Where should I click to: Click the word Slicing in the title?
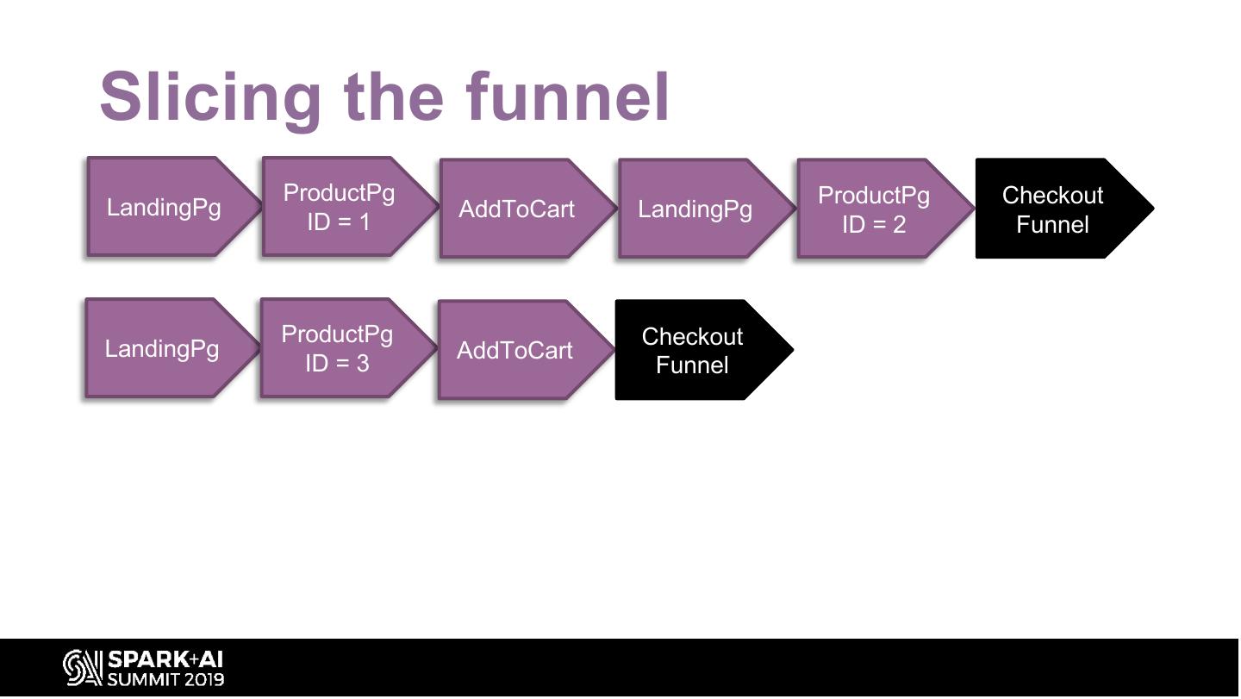coord(210,97)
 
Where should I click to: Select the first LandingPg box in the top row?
coord(164,208)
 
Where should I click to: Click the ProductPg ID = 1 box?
coord(339,207)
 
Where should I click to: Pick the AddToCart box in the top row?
coord(516,209)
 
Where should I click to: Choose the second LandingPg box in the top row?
coord(695,209)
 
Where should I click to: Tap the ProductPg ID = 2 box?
coord(874,209)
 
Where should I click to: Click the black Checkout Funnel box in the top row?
coord(1052,209)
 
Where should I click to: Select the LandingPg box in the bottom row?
coord(162,349)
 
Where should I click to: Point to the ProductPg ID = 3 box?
coord(337,348)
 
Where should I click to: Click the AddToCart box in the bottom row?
coord(514,350)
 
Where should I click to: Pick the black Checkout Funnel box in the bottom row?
coord(692,350)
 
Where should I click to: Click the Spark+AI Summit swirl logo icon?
coord(82,669)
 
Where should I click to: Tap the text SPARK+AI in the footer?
coord(165,660)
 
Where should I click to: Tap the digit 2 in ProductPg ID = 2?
coord(899,225)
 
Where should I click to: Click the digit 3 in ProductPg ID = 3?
coord(362,364)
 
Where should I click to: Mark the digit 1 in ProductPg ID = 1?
coord(364,222)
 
